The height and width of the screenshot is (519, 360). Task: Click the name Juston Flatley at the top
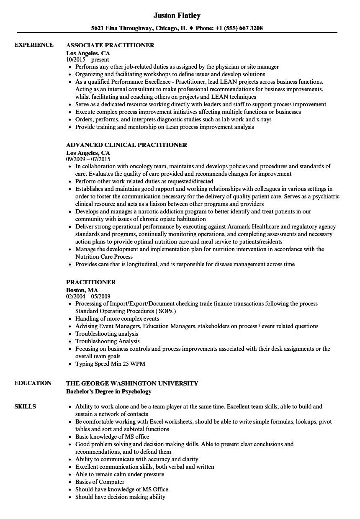click(177, 15)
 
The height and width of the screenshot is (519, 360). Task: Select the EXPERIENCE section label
click(34, 45)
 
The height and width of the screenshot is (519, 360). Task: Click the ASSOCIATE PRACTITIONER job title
click(110, 45)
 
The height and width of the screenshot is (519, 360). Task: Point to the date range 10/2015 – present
click(87, 59)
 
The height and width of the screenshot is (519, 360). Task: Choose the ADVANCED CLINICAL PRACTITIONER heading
click(126, 144)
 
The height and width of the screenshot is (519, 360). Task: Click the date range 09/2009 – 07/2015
click(88, 159)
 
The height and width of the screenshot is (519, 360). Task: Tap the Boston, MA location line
click(82, 290)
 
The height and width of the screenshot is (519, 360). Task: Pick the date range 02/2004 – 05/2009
click(88, 296)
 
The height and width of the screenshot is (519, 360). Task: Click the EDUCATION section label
click(33, 383)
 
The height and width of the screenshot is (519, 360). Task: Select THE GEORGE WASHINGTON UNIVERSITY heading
click(132, 383)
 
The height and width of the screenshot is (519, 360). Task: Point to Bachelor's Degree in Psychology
click(109, 391)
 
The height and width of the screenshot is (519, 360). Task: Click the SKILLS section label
click(25, 406)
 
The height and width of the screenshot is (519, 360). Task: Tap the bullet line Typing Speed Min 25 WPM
click(110, 364)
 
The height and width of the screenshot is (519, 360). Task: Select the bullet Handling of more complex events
click(117, 319)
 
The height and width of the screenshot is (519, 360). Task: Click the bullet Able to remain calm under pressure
click(120, 474)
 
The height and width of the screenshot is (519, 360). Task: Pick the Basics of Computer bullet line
click(100, 482)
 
